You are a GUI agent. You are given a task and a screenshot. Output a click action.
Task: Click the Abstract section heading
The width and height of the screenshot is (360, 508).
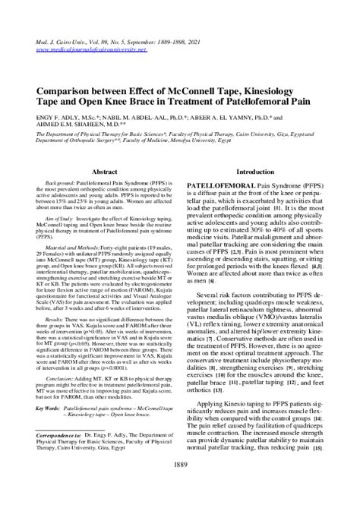pyautogui.click(x=103, y=172)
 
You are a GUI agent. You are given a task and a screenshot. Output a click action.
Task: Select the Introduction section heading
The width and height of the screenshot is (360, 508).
pyautogui.click(x=256, y=172)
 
